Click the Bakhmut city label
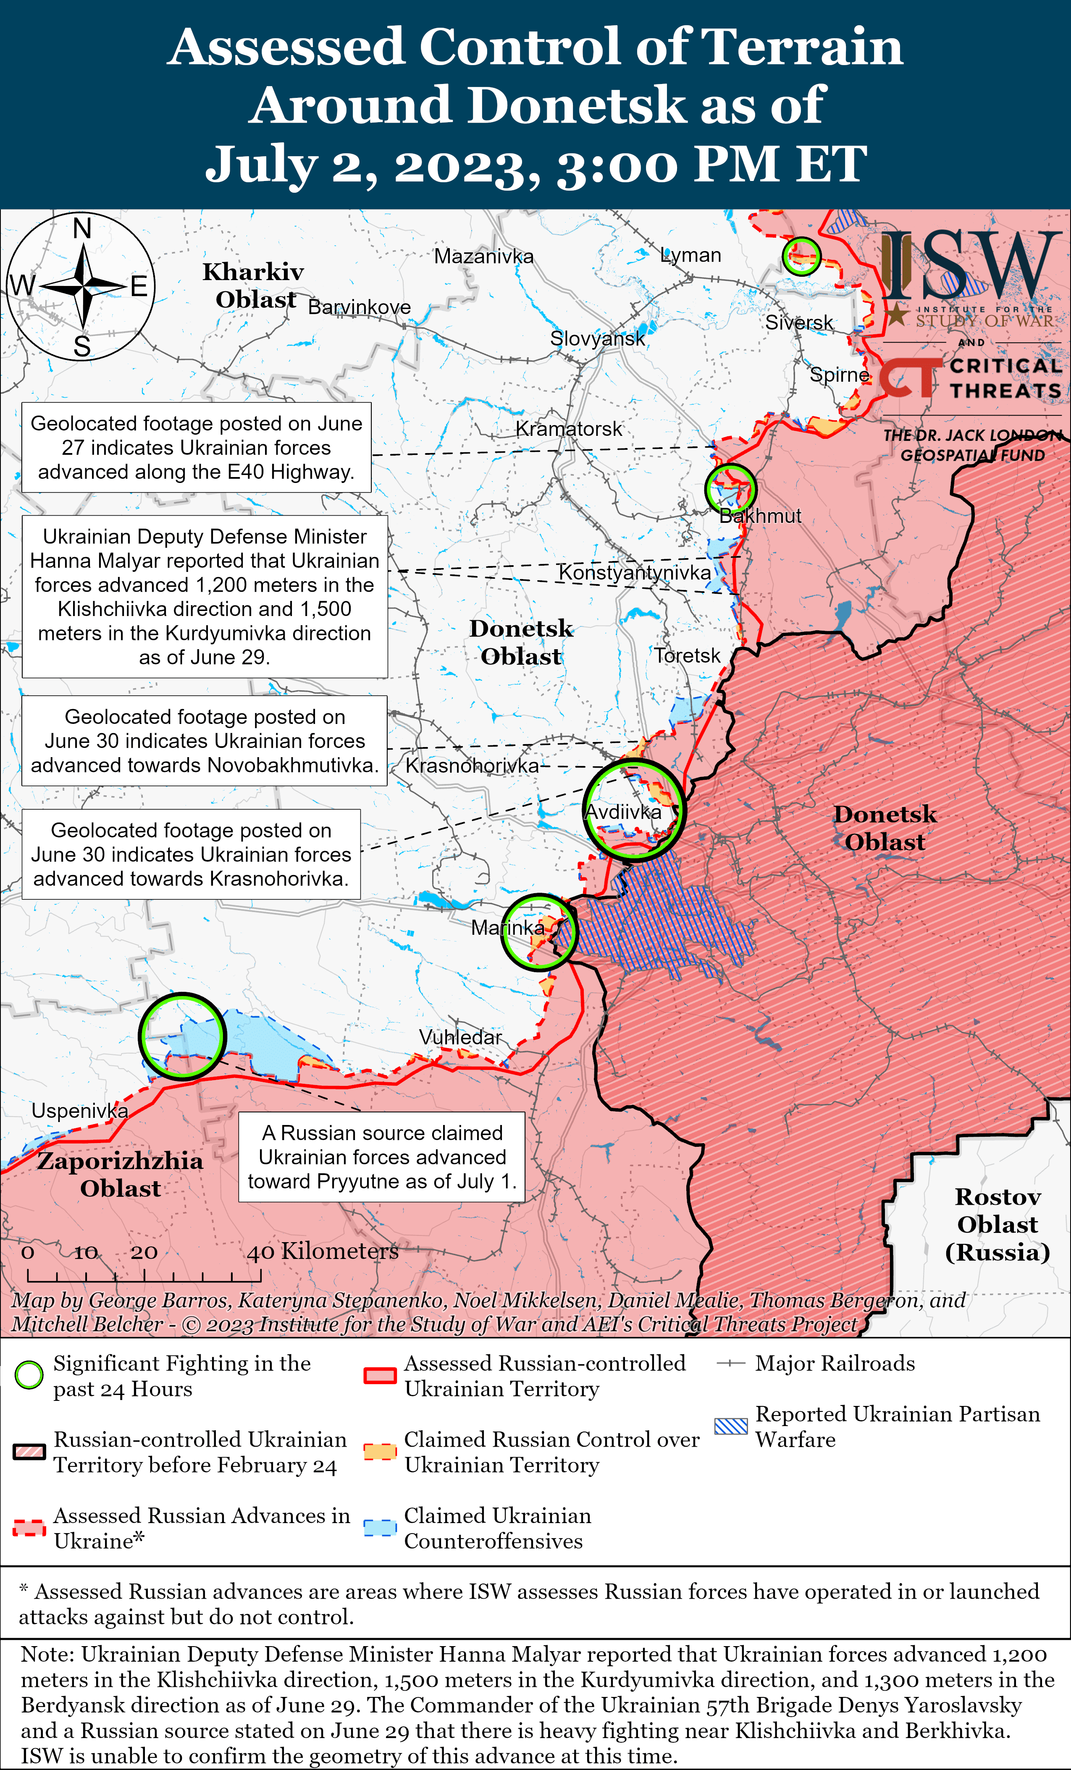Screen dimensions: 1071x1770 pyautogui.click(x=760, y=516)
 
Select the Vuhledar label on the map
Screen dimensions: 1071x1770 pyautogui.click(x=460, y=1037)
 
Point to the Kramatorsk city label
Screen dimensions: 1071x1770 pyautogui.click(x=569, y=429)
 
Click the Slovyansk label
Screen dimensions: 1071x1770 pyautogui.click(x=597, y=338)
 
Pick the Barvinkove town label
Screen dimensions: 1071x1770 pyautogui.click(x=359, y=307)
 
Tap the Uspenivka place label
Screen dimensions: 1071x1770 pyautogui.click(x=80, y=1111)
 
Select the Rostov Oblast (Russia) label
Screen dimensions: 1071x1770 pyautogui.click(x=997, y=1224)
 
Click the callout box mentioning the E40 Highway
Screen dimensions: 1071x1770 pyautogui.click(x=196, y=448)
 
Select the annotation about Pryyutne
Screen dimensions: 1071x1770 pyautogui.click(x=381, y=1156)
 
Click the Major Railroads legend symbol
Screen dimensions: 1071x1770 pyautogui.click(x=731, y=1364)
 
